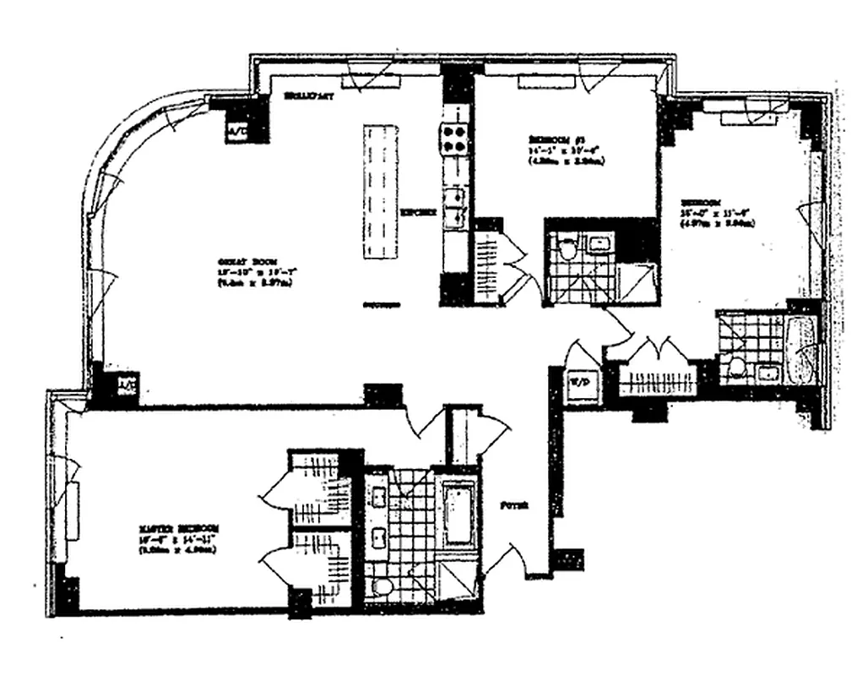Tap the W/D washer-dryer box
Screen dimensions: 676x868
pyautogui.click(x=580, y=382)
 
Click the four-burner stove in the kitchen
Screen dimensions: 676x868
pyautogui.click(x=453, y=139)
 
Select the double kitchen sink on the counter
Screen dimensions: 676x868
pyautogui.click(x=456, y=205)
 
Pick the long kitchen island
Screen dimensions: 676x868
pyautogui.click(x=381, y=193)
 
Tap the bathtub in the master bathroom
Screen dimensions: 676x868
pyautogui.click(x=458, y=513)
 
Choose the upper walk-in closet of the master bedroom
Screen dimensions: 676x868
pyautogui.click(x=321, y=489)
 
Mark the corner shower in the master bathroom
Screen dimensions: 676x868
pyautogui.click(x=458, y=584)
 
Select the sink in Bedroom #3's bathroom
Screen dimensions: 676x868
pyautogui.click(x=600, y=246)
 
